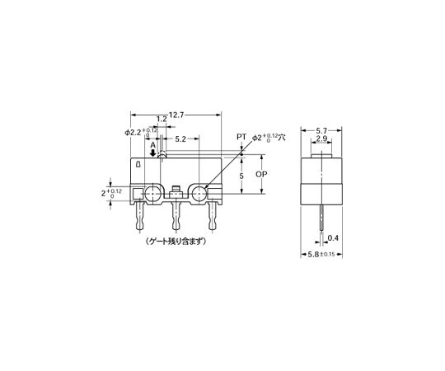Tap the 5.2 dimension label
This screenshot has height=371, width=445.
pos(179,141)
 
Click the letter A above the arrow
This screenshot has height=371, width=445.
pos(152,143)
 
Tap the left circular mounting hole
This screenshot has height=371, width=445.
pos(152,195)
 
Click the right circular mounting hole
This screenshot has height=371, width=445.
pos(199,195)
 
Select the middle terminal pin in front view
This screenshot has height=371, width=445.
pos(176,218)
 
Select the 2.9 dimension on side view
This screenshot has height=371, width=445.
pos(323,140)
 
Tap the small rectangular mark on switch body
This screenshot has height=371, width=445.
pos(138,166)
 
